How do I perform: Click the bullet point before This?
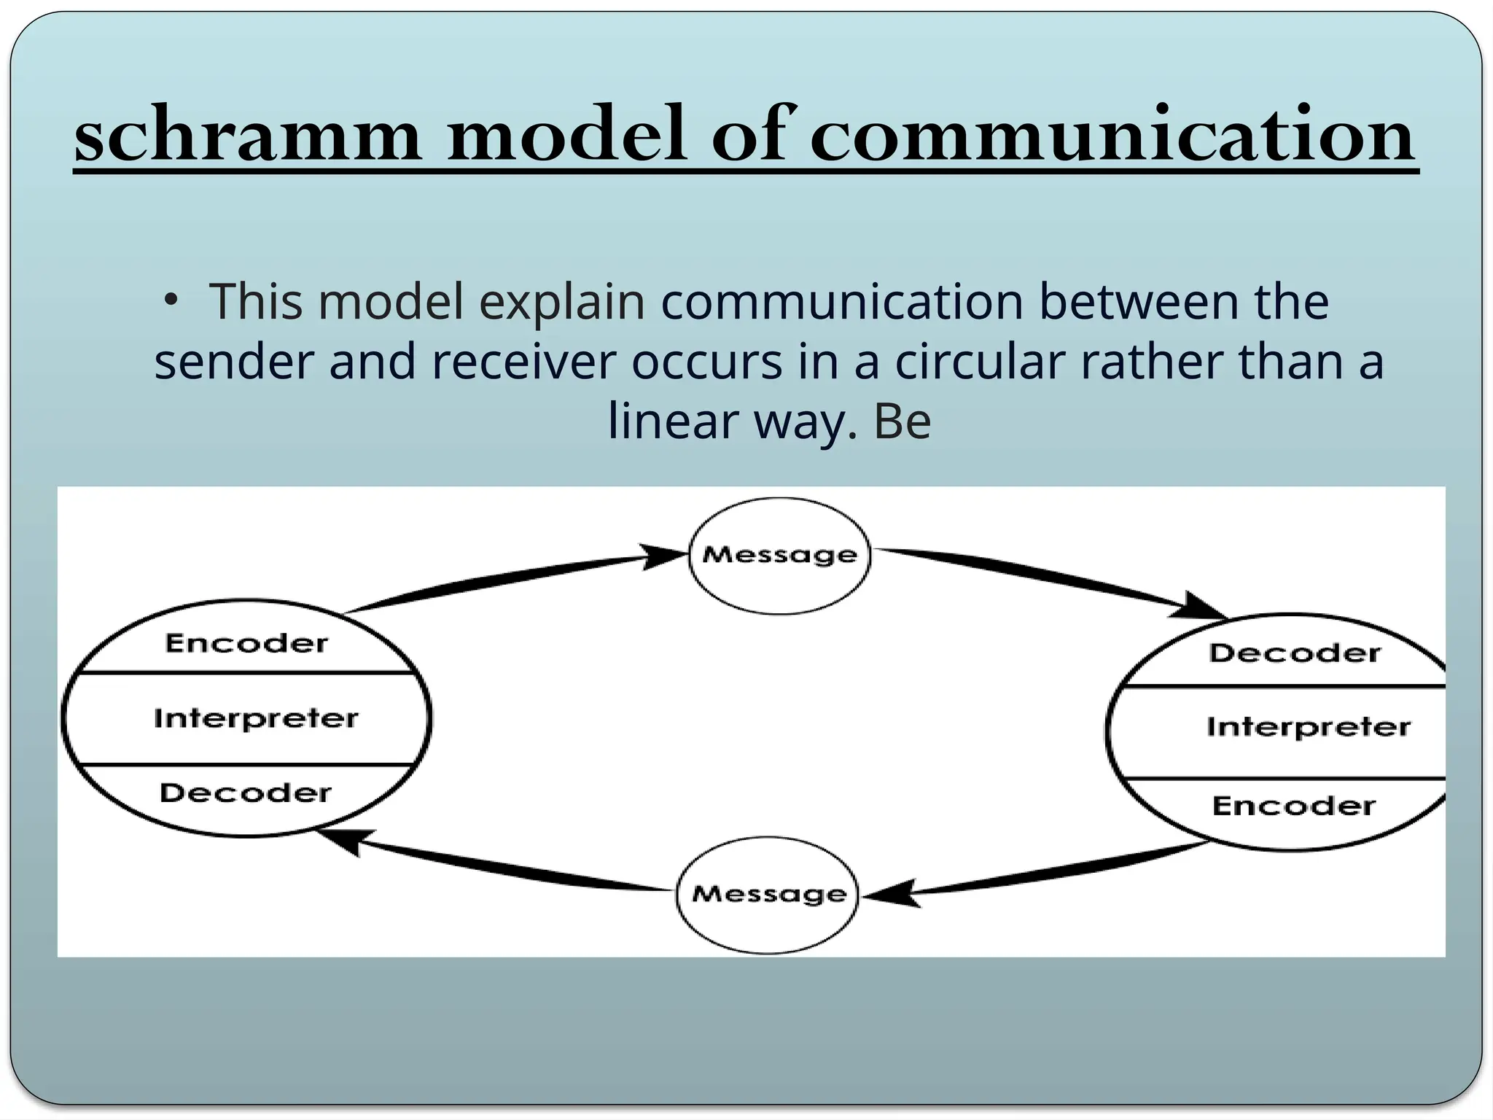coord(170,300)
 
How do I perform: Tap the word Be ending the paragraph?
coord(902,421)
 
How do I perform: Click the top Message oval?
coord(779,556)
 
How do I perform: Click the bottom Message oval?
coord(768,894)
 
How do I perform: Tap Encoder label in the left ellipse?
coord(246,643)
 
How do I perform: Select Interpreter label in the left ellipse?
coord(256,718)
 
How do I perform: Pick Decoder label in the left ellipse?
coord(245,793)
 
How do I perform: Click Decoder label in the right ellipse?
coord(1295,653)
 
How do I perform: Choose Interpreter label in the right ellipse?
coord(1308,727)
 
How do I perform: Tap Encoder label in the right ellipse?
coord(1293,806)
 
